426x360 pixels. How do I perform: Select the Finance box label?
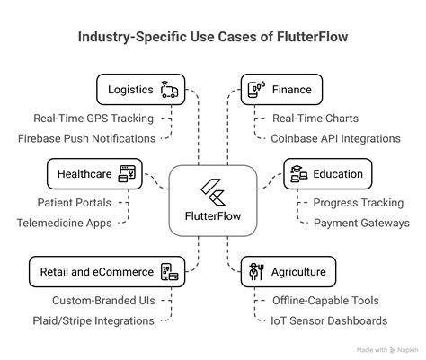tap(291, 89)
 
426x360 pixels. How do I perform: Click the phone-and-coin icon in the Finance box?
tap(255, 89)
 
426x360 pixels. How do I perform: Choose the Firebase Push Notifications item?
tap(86, 137)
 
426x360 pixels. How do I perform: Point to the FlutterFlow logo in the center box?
tap(213, 192)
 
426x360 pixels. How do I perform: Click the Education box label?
tap(338, 173)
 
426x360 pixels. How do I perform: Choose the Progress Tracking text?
tap(358, 203)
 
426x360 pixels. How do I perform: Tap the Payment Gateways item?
tap(361, 223)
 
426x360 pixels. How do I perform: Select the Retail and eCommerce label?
tap(92, 269)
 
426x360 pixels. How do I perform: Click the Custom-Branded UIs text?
tap(102, 301)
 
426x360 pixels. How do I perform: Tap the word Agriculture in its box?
tap(300, 269)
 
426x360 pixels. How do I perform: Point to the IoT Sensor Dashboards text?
tap(330, 320)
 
